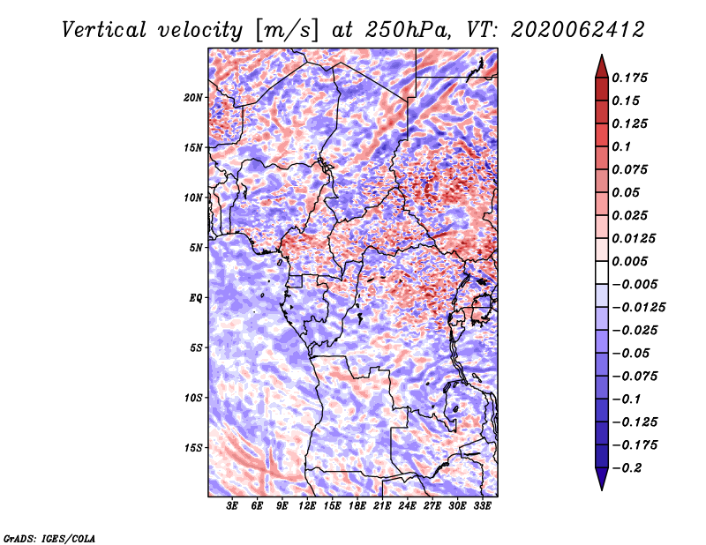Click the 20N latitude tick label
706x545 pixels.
[x=193, y=98]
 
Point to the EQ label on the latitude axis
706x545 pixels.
[x=196, y=298]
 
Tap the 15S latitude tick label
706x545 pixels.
[x=193, y=448]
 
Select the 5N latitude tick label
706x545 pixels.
[x=196, y=248]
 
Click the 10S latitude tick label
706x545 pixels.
[x=193, y=398]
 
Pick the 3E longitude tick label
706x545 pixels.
[x=232, y=506]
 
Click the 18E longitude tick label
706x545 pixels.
[x=357, y=506]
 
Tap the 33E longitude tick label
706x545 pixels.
[x=482, y=506]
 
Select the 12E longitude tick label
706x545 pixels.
[x=307, y=506]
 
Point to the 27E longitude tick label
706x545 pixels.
[x=432, y=506]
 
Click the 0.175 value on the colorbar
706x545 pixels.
[x=629, y=78]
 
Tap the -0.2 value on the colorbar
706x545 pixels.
[x=627, y=468]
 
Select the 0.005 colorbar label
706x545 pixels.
[x=629, y=261]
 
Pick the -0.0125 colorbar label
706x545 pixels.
[x=638, y=308]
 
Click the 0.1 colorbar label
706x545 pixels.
[x=621, y=146]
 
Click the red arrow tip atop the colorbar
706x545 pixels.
[x=602, y=55]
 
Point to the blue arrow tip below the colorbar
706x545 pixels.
[x=602, y=489]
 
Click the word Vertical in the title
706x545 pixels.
[x=104, y=30]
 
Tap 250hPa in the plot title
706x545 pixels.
[x=407, y=30]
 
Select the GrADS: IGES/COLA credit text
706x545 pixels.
[x=49, y=538]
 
